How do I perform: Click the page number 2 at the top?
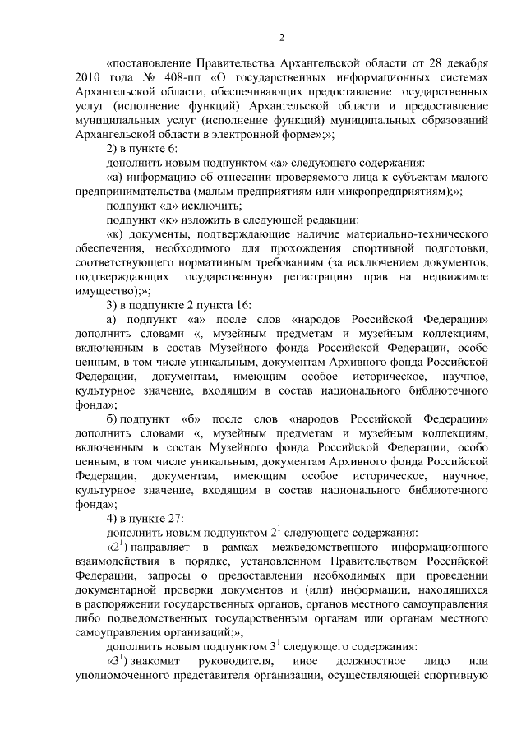click(x=281, y=36)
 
